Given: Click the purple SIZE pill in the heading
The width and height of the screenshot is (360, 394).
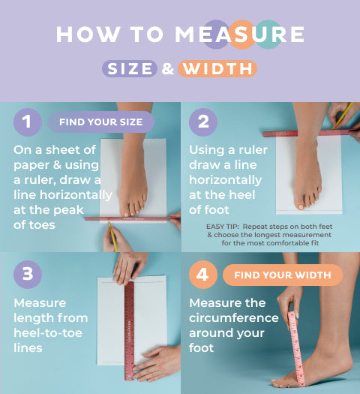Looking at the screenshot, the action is (x=130, y=68).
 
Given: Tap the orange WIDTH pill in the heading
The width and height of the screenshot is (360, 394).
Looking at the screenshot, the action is (x=217, y=68).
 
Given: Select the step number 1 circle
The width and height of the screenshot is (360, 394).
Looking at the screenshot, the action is (x=28, y=122).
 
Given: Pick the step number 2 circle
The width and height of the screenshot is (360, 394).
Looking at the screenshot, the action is (x=203, y=122).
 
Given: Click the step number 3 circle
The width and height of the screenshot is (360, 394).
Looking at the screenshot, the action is (x=28, y=275).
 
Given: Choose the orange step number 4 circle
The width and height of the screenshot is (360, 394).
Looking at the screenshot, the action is (x=203, y=275).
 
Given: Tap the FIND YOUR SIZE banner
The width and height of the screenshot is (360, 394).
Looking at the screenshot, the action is (x=101, y=122).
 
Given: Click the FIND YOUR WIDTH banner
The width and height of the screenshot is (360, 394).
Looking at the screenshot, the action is (x=283, y=275).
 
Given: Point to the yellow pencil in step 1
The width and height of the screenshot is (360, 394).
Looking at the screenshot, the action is (x=113, y=237).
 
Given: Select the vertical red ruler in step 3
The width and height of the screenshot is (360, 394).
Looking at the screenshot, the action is (x=129, y=331).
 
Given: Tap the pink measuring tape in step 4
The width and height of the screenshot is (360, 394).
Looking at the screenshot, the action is (x=296, y=349).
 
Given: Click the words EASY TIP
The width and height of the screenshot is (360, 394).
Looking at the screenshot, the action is (x=222, y=227).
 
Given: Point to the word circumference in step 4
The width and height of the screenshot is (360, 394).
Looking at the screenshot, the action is (x=234, y=318).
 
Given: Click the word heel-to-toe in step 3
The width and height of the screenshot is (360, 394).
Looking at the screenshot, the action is (x=48, y=333).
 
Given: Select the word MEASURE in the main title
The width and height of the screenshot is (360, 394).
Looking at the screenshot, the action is (x=240, y=35).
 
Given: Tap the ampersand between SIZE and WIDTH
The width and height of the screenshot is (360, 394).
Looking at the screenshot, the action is (x=168, y=68).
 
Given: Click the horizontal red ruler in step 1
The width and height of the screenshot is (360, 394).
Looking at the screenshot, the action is (x=132, y=219).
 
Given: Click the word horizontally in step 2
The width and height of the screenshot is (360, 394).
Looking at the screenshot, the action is (x=226, y=180).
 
